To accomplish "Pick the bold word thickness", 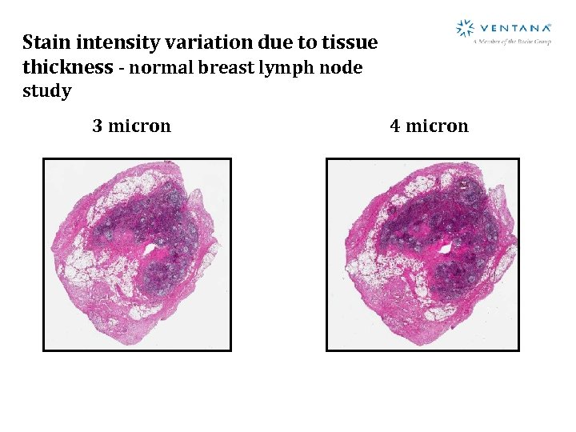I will (68, 66).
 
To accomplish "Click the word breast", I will (221, 67).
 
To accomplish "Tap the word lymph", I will (283, 68).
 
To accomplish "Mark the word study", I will (47, 91).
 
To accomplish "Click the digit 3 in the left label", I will (98, 126).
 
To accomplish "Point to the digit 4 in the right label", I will (395, 126).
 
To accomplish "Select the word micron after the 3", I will (139, 126).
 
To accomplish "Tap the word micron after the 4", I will (437, 126).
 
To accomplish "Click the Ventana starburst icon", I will (465, 29).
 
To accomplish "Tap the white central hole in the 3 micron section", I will (150, 249).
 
